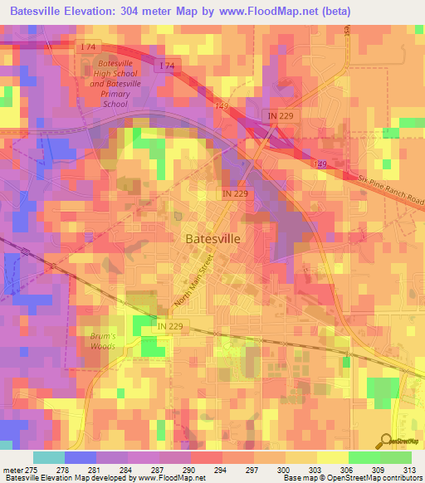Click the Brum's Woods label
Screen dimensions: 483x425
tap(103, 341)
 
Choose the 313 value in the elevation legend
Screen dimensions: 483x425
tap(410, 471)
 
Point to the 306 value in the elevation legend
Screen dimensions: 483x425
tap(348, 471)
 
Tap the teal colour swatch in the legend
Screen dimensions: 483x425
tap(49, 457)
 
